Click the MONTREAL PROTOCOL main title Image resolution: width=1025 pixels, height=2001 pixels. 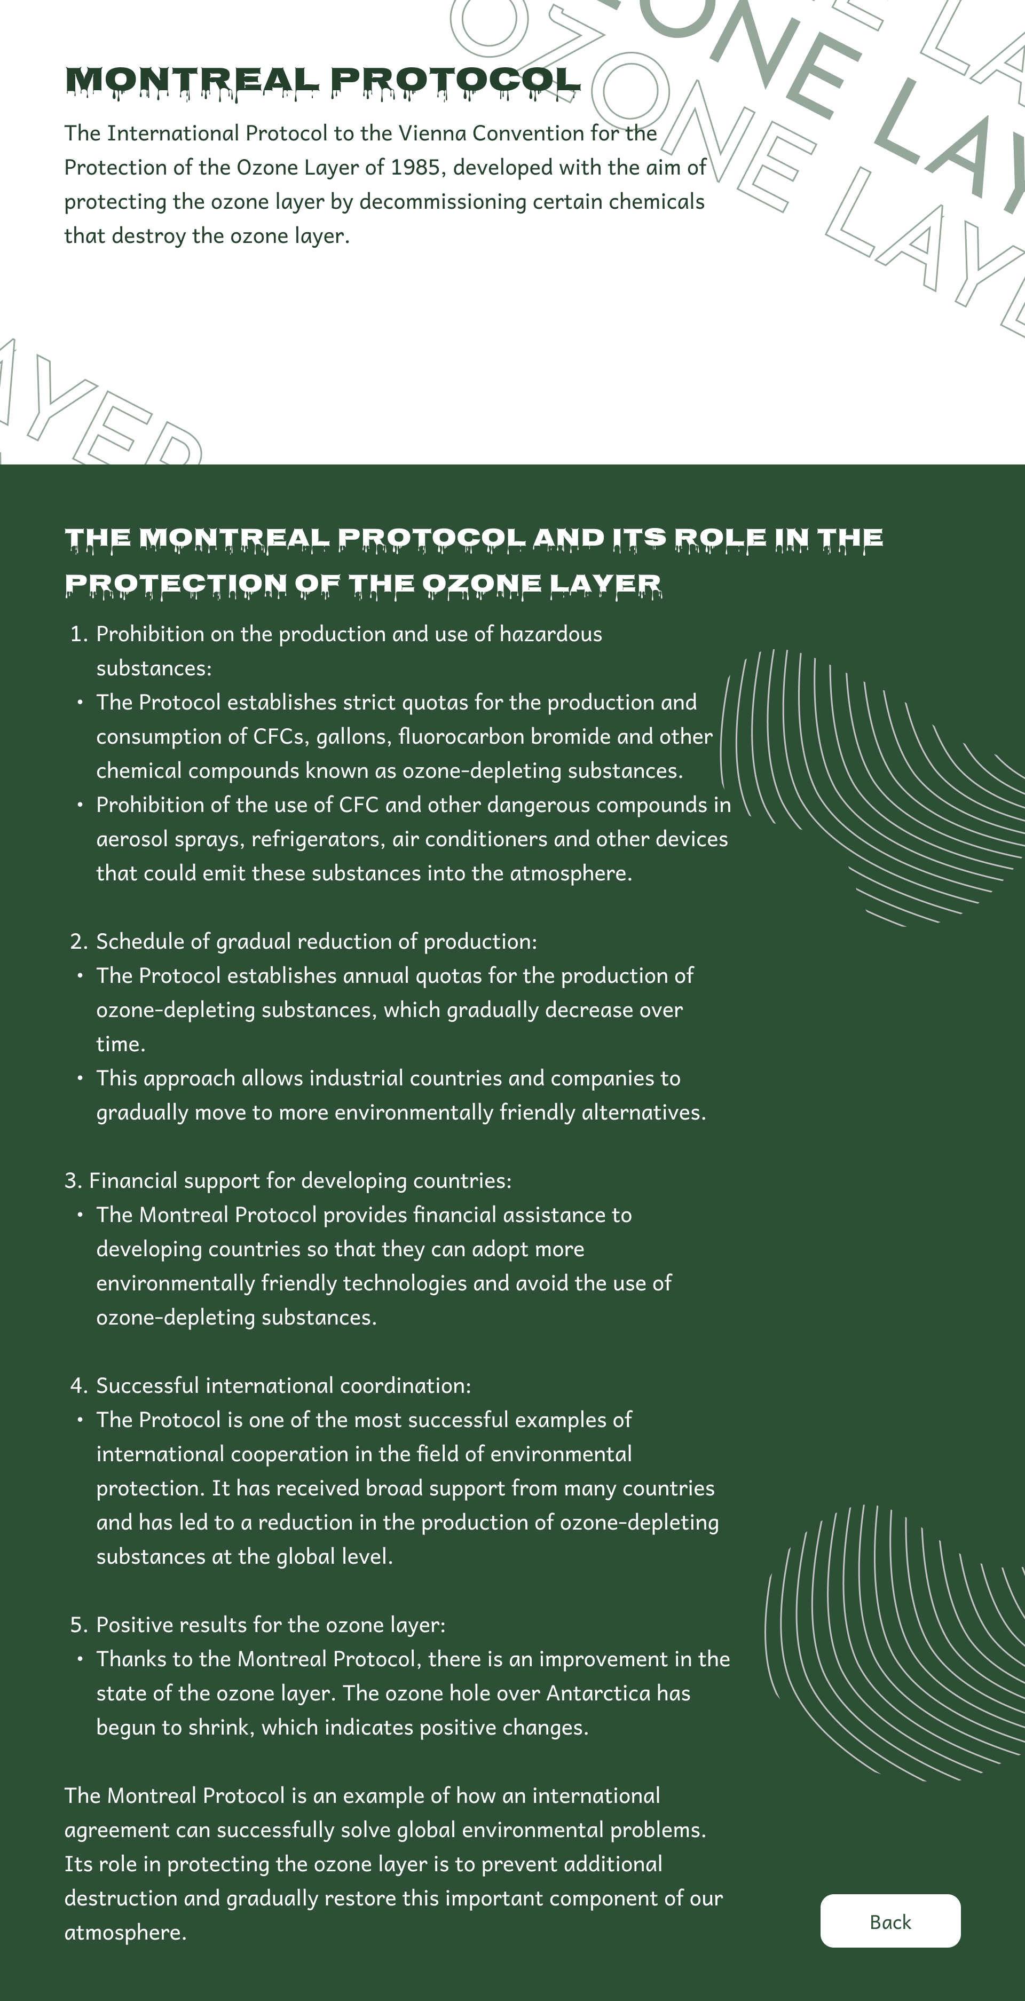pos(322,80)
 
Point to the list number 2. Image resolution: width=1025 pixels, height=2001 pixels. pos(77,941)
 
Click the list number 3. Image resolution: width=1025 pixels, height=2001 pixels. pos(72,1181)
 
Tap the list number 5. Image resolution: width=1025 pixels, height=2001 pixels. pos(77,1625)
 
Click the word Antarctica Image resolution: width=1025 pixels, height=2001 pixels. pos(597,1693)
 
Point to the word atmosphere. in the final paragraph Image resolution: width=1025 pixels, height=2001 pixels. pos(125,1933)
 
